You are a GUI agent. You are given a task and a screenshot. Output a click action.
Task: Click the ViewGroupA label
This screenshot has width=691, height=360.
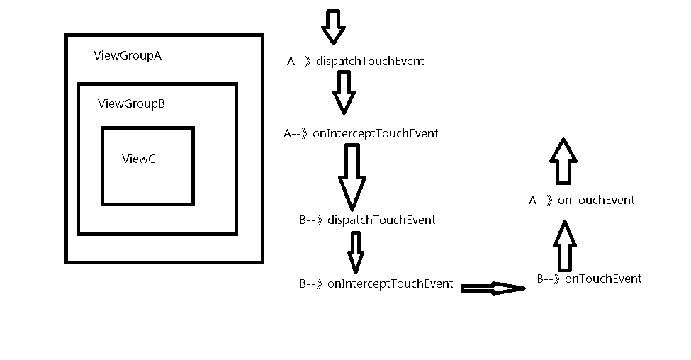tap(128, 55)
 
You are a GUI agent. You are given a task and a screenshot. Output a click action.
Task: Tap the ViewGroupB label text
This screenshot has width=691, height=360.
tap(131, 103)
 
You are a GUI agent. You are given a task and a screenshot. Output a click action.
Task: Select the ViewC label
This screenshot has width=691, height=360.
tap(139, 159)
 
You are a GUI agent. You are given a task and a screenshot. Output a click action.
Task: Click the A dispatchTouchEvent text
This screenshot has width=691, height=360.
tap(356, 61)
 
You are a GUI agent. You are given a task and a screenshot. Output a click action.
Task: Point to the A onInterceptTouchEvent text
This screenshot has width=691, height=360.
tap(361, 133)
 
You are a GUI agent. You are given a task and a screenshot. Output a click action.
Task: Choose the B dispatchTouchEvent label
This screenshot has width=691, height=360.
tap(368, 220)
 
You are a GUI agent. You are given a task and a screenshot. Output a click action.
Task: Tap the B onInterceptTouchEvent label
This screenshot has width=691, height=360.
tap(376, 283)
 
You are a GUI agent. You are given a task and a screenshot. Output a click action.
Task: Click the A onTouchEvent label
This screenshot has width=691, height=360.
tap(582, 200)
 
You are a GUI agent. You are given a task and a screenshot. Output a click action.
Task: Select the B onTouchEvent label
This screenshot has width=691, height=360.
tap(589, 279)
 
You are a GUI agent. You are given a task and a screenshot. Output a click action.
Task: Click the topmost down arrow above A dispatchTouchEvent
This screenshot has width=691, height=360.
tap(333, 27)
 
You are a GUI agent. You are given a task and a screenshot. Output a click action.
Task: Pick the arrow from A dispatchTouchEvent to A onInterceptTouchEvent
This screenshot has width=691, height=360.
tap(344, 93)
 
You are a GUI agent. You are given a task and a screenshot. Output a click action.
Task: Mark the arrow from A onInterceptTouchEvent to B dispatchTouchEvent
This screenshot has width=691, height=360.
tap(352, 178)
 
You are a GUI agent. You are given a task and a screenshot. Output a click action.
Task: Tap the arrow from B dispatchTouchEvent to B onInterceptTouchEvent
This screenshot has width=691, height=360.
tap(356, 252)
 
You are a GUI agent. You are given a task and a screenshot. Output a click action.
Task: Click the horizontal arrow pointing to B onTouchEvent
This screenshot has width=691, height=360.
tap(493, 288)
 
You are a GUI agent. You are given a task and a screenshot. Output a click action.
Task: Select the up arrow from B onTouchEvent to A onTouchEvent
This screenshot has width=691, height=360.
tap(565, 246)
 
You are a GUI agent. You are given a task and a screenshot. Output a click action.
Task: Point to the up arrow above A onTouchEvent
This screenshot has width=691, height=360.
tap(563, 162)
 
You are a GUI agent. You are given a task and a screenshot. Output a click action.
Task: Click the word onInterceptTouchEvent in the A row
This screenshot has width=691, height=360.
tap(376, 133)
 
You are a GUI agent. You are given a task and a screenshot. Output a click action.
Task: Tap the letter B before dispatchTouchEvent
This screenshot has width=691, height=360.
tap(303, 220)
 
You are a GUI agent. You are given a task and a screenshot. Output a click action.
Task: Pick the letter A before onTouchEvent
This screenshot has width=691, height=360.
tap(532, 201)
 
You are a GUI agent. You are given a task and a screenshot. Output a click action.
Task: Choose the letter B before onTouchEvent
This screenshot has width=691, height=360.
tap(540, 279)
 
